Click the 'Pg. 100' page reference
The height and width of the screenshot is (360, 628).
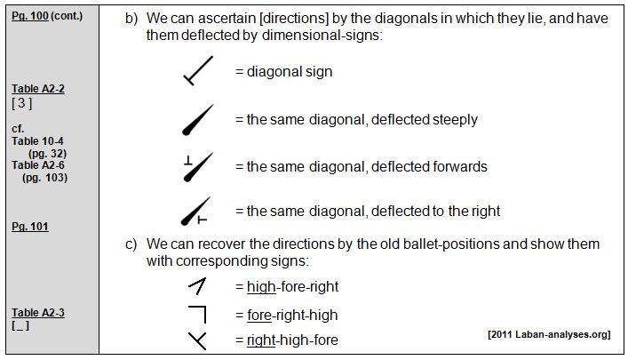[29, 16]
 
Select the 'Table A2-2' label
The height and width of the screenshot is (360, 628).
[38, 89]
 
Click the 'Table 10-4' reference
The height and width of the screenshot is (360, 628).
[38, 140]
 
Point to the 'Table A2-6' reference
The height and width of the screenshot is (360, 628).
[38, 164]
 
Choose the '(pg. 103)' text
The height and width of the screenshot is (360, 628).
[48, 177]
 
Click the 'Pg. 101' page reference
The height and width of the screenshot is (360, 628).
[29, 227]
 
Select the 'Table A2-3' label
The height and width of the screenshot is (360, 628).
[38, 313]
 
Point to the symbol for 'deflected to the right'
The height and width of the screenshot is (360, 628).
[197, 212]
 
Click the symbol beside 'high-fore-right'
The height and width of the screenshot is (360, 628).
[197, 286]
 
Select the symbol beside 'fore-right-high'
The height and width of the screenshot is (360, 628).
[197, 314]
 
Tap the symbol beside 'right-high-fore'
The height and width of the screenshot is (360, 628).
[197, 340]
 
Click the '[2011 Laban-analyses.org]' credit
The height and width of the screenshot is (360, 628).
[548, 334]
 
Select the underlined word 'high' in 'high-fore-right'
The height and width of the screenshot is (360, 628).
[261, 286]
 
